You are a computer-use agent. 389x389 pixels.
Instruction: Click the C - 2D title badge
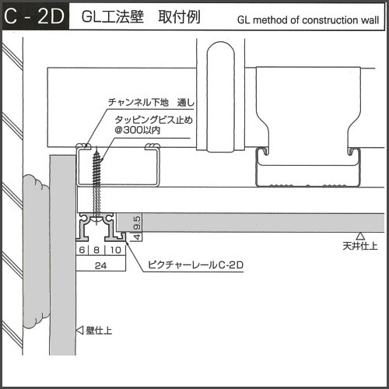(x=36, y=16)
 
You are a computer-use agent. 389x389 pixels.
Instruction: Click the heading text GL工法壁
(x=113, y=16)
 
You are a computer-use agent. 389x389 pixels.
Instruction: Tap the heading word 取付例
(x=179, y=16)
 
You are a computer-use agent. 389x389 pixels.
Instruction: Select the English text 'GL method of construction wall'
(x=308, y=20)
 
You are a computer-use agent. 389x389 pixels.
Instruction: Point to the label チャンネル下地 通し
(x=151, y=103)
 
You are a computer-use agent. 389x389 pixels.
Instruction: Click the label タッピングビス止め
(x=154, y=120)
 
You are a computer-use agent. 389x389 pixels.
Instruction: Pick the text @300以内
(x=138, y=130)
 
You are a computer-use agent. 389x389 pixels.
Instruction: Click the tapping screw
(x=96, y=184)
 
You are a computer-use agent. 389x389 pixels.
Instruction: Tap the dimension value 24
(x=100, y=265)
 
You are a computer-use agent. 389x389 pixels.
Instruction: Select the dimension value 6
(x=82, y=250)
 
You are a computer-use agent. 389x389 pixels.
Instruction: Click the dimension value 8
(x=96, y=250)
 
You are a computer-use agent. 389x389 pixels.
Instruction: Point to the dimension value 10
(x=116, y=250)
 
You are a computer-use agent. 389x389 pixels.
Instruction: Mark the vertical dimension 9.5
(x=137, y=223)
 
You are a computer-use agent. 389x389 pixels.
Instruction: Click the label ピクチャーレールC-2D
(x=195, y=265)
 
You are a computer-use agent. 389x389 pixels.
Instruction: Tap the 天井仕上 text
(x=360, y=246)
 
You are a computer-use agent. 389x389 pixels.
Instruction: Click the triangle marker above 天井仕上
(x=360, y=236)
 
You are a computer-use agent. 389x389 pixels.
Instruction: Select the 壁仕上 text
(x=99, y=331)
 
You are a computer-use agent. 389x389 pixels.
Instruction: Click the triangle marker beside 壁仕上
(x=79, y=330)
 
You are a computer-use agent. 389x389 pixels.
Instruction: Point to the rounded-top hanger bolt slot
(x=221, y=96)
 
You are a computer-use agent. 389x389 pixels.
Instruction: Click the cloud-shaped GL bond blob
(x=36, y=251)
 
